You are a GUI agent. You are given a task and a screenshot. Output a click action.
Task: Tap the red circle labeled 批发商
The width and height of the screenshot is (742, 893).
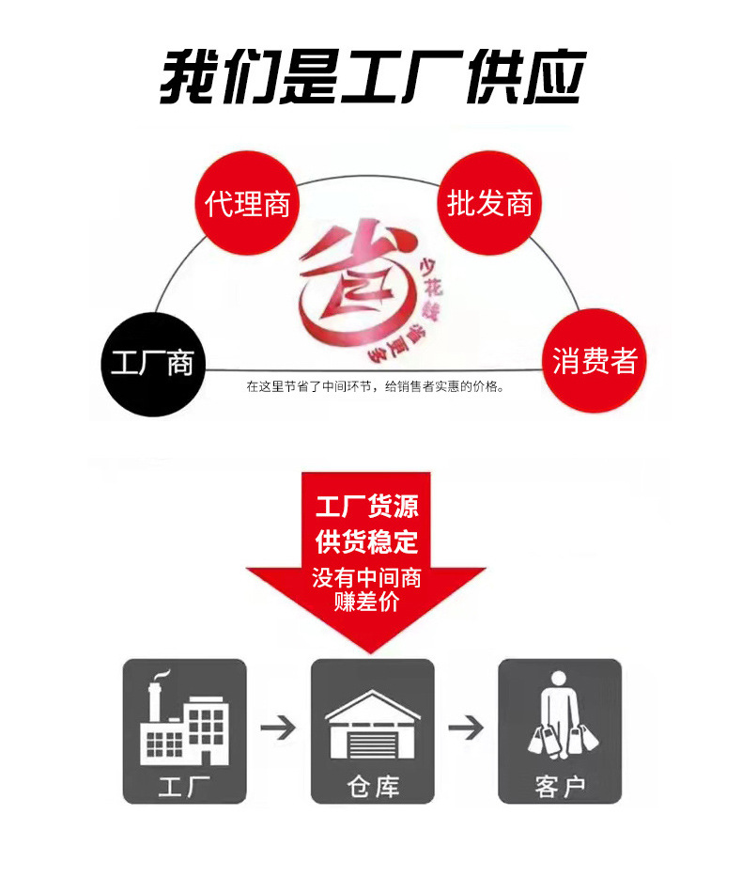click(489, 203)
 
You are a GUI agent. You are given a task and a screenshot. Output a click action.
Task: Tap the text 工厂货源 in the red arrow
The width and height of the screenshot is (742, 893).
click(366, 507)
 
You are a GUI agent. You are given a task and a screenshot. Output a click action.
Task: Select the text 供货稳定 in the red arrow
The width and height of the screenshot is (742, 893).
click(366, 542)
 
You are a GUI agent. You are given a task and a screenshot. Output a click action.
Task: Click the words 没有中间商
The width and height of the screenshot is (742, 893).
click(366, 577)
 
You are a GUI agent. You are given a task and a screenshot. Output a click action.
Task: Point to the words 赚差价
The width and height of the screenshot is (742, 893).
click(366, 602)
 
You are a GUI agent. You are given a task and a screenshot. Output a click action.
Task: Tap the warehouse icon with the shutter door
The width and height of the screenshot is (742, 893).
click(372, 724)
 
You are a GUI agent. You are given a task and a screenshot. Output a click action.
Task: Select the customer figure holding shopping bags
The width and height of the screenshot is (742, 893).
click(560, 719)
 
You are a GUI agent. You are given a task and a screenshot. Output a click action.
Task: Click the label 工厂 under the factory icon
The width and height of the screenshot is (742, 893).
click(185, 785)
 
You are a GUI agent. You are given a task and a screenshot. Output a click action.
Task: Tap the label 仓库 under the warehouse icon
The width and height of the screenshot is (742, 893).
click(372, 785)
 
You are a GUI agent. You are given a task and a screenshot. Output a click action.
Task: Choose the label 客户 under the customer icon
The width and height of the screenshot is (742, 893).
click(560, 785)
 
